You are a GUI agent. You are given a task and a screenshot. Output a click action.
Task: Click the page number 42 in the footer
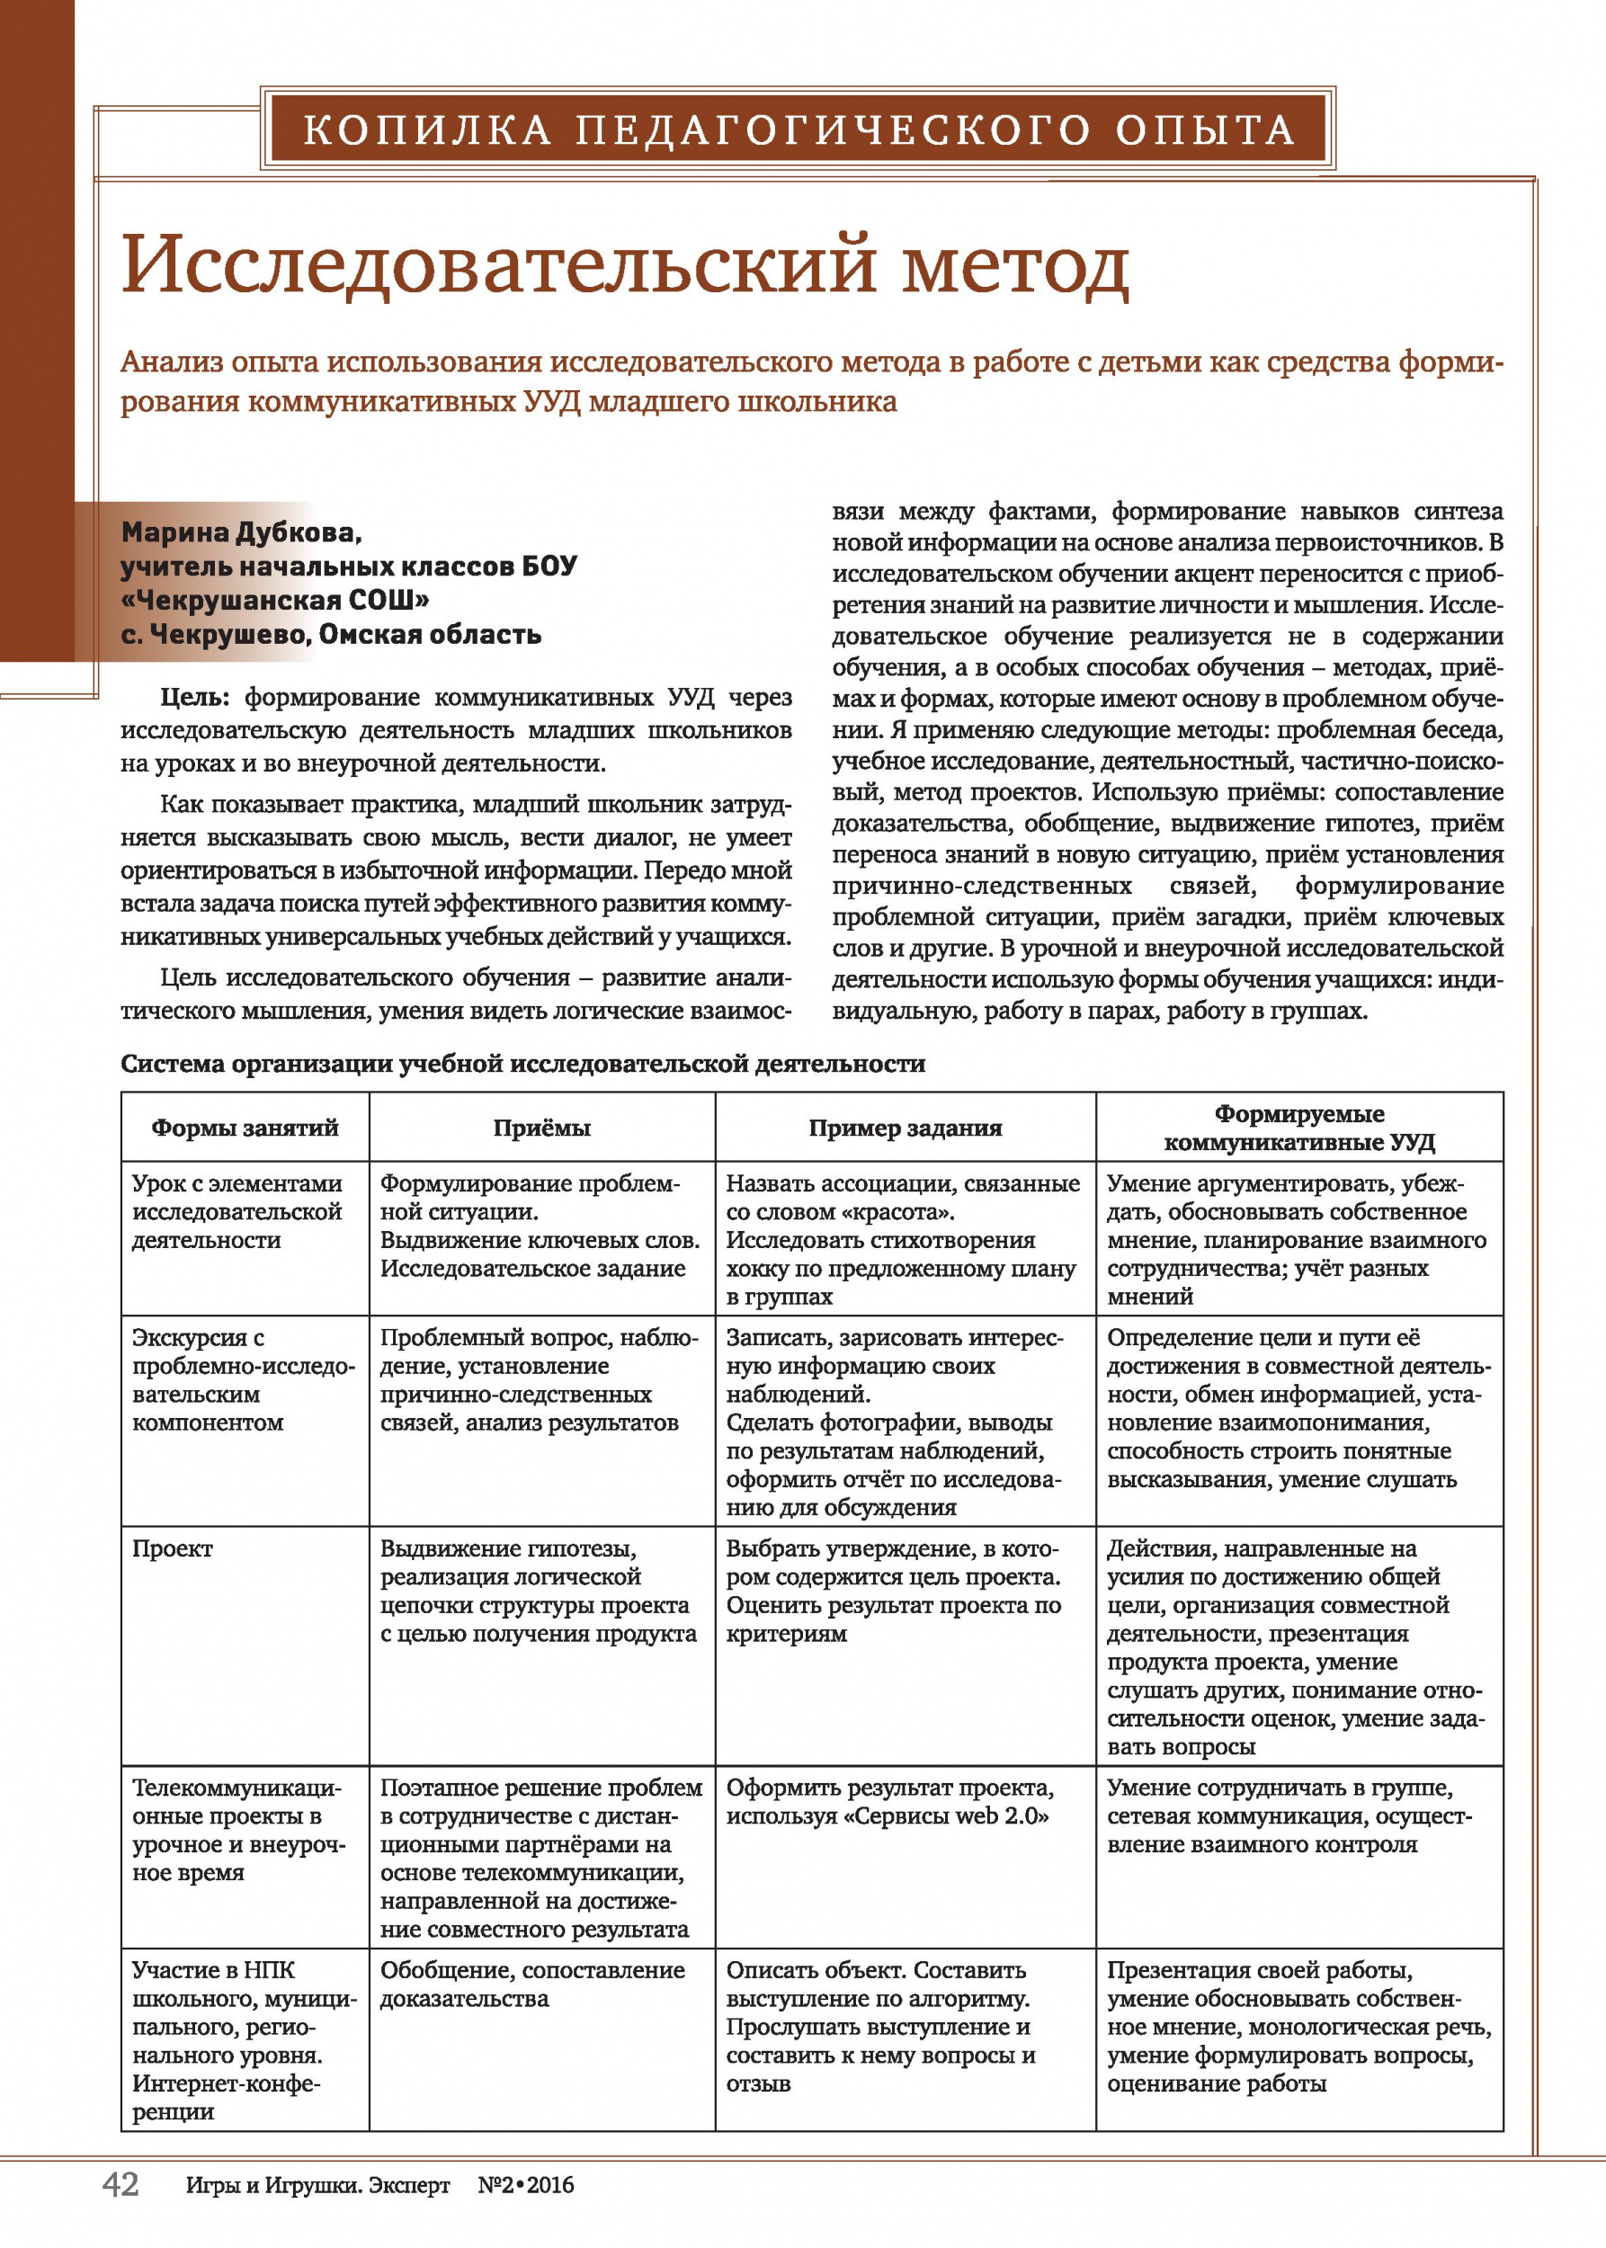point(120,2184)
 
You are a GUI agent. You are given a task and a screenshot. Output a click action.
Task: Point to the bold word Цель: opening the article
point(195,697)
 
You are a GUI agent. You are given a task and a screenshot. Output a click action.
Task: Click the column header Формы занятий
point(245,1128)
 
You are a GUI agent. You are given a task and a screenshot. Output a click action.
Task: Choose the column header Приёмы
point(542,1128)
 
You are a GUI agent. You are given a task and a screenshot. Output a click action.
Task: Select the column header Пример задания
point(905,1128)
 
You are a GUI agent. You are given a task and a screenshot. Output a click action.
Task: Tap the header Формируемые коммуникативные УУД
point(1298,1128)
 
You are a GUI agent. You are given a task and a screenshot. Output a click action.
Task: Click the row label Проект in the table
point(172,1548)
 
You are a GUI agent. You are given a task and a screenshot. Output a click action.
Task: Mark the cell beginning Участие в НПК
point(237,2040)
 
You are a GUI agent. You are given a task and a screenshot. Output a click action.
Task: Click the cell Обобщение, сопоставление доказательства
point(532,1984)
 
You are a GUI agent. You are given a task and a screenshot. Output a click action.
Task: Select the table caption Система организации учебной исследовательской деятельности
point(522,1063)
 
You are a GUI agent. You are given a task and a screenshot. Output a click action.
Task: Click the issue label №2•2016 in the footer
point(525,2186)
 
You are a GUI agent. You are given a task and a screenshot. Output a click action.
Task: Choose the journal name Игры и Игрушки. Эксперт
point(317,2186)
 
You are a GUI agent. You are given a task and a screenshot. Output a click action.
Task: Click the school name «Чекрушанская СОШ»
point(275,600)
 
